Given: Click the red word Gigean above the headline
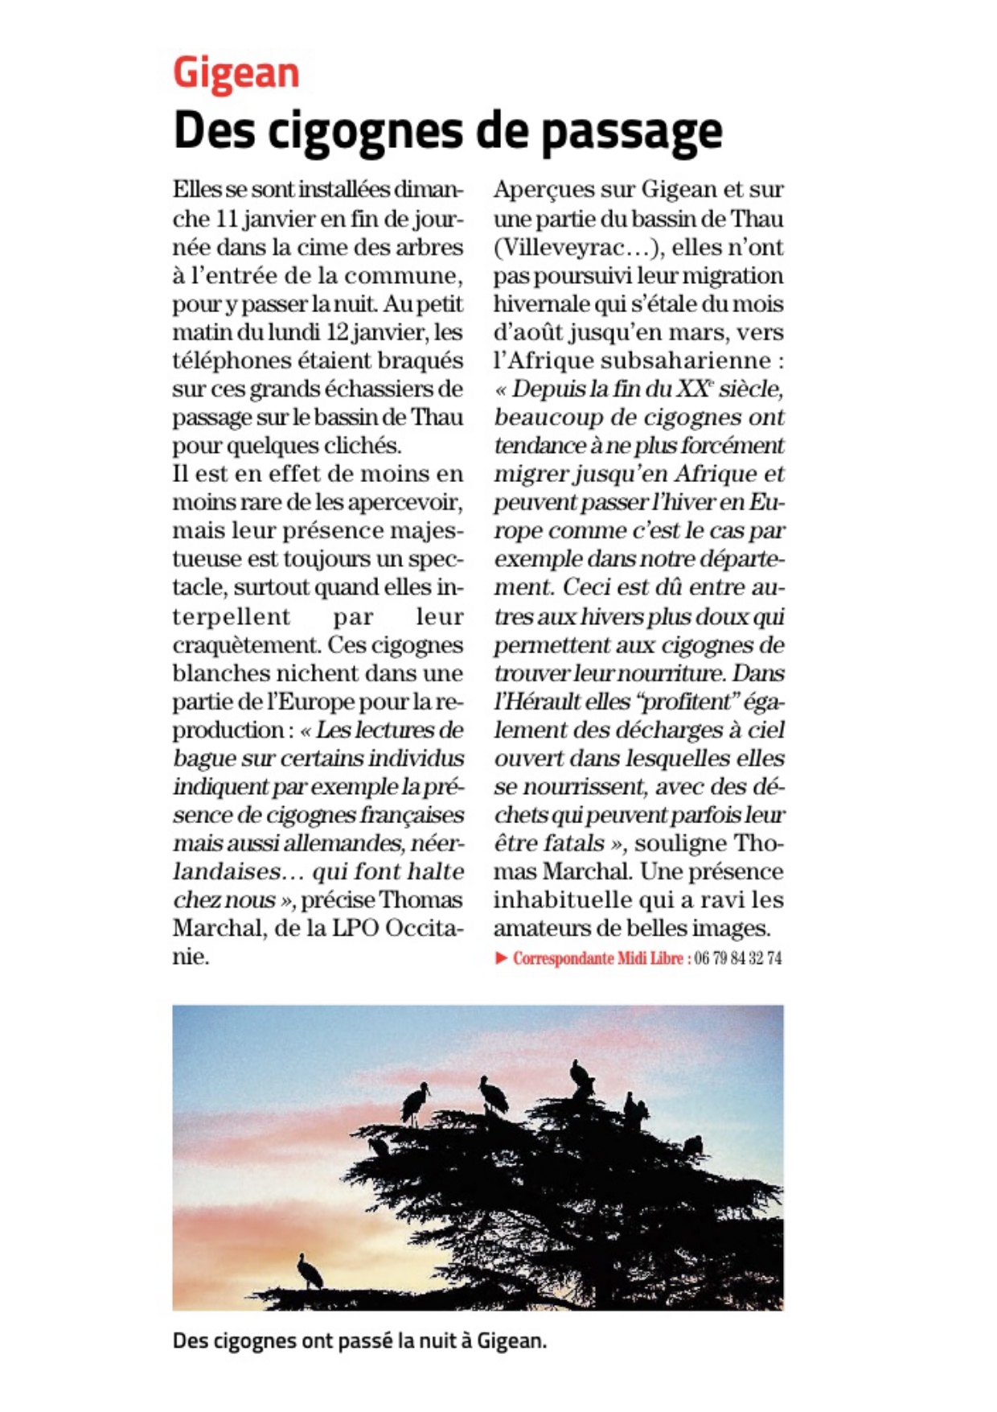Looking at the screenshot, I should click(x=236, y=74).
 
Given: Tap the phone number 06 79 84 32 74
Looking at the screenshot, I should click(x=737, y=958).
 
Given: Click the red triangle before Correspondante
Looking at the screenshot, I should click(x=501, y=958).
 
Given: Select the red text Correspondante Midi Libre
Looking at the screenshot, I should click(x=597, y=958).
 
